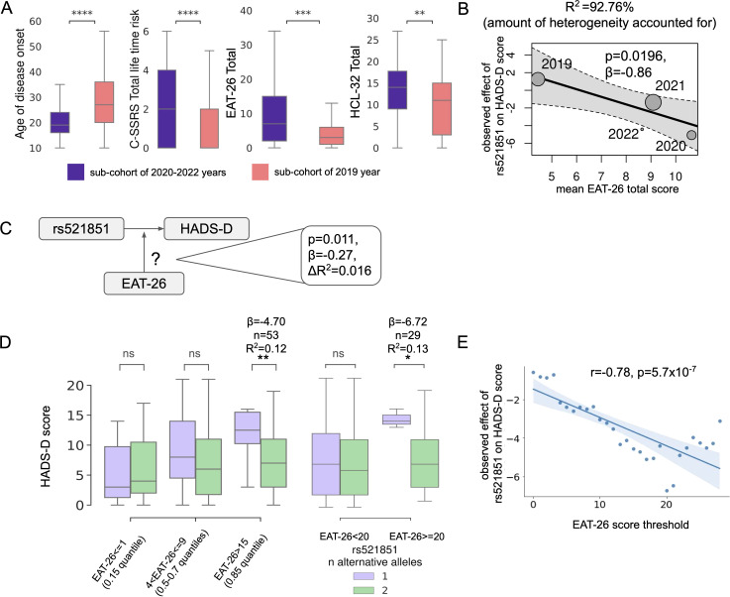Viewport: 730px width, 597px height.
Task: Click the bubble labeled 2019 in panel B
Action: click(x=538, y=78)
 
